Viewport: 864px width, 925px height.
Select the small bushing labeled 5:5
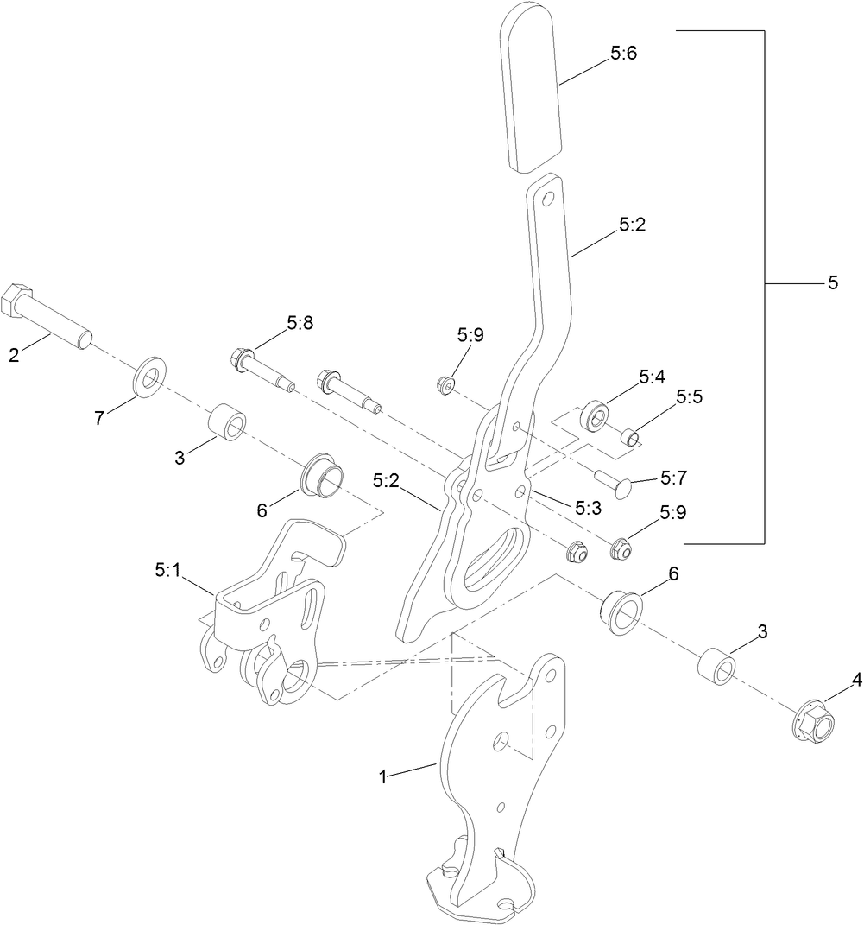(x=632, y=436)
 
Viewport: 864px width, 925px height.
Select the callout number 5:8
(x=300, y=324)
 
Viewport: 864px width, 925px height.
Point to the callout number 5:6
(x=623, y=53)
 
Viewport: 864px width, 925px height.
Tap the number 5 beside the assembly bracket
(x=833, y=282)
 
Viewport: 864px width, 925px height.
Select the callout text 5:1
(x=168, y=570)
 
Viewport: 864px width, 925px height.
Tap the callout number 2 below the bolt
(x=13, y=354)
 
